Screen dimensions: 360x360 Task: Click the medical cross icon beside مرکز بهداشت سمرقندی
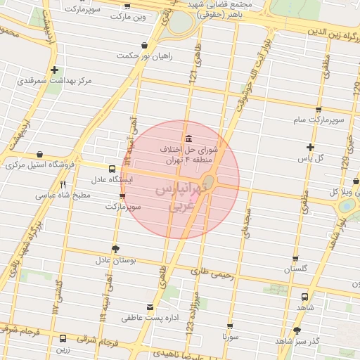[x=54, y=70]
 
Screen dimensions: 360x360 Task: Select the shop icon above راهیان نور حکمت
[x=143, y=37]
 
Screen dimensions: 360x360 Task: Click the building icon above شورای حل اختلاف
[x=188, y=137]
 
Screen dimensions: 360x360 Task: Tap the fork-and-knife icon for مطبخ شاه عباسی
[x=63, y=184]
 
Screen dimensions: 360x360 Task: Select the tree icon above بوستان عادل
[x=115, y=249]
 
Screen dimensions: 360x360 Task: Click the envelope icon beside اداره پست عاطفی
[x=149, y=307]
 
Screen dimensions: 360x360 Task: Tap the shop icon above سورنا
[x=230, y=326]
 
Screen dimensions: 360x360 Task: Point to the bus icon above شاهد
[x=304, y=297]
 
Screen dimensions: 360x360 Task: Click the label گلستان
[x=297, y=269]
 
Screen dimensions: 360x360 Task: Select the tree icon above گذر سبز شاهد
[x=297, y=330]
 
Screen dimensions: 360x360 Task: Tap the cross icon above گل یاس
[x=310, y=147]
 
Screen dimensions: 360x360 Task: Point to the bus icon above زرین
[x=63, y=338]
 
